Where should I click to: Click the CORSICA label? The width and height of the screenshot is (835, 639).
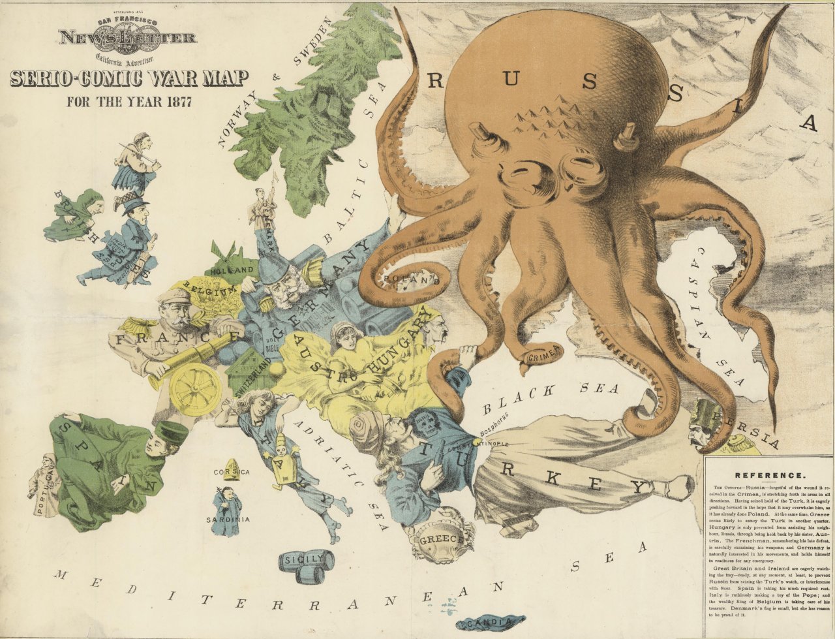point(232,471)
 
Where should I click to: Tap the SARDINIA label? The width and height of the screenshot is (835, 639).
point(228,520)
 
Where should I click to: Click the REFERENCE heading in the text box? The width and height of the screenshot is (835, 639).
point(769,475)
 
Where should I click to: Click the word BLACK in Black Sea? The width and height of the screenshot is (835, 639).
point(521,399)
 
